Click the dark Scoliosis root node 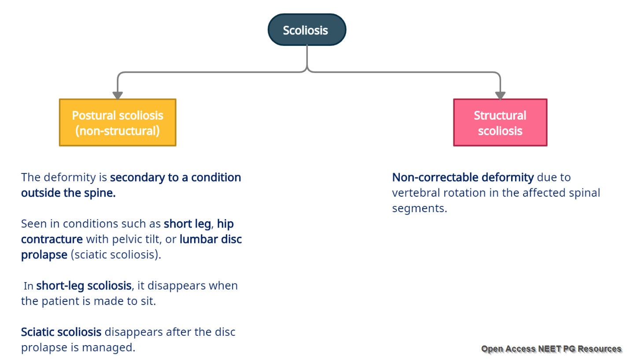coord(307,30)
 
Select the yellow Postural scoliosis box coord(118,122)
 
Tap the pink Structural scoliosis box coord(500,122)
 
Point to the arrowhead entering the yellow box coord(118,95)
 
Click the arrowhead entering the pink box coord(500,95)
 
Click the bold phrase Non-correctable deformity coord(463,178)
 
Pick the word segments coord(418,209)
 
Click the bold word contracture coord(52,239)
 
